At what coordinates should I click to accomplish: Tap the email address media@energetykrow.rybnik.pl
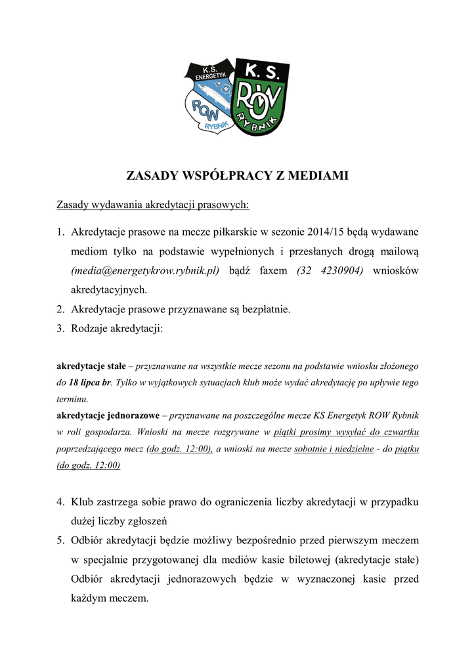(145, 270)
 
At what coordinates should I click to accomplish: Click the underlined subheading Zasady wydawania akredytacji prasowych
(152, 205)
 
